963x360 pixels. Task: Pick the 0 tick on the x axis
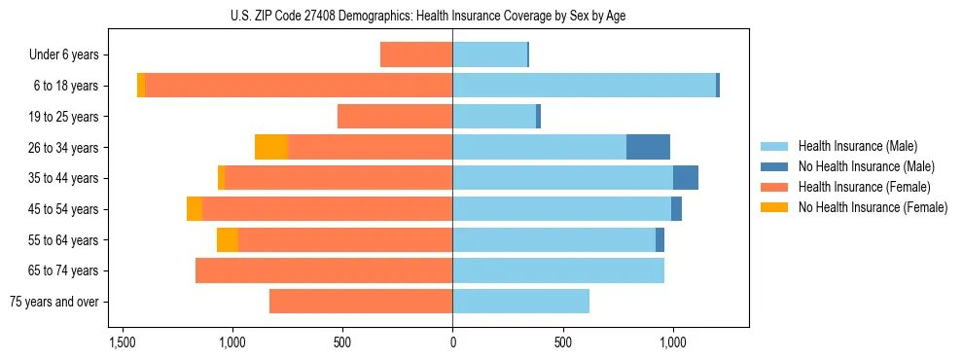(x=452, y=342)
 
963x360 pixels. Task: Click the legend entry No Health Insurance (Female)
(x=873, y=207)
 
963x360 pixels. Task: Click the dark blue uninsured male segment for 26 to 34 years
(x=648, y=147)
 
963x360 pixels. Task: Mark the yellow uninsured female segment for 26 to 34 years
(x=271, y=147)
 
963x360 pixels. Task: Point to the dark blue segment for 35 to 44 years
(x=686, y=178)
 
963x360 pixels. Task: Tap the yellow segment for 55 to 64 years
(x=228, y=240)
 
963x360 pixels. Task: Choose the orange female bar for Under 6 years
(x=416, y=54)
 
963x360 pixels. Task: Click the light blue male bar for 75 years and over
(x=520, y=302)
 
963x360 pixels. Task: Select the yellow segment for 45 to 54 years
(x=195, y=209)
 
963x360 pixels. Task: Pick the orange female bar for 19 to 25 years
(x=395, y=117)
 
